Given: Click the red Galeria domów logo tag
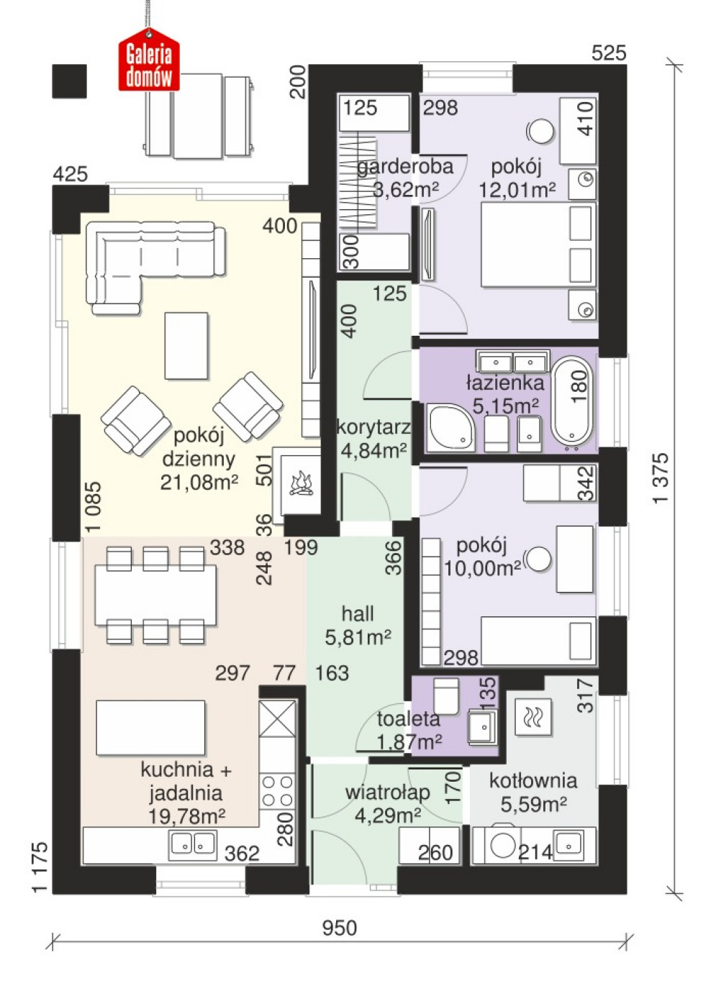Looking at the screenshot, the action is pyautogui.click(x=149, y=60).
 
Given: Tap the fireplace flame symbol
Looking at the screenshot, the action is pyautogui.click(x=302, y=483).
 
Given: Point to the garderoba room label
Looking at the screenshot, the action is pyautogui.click(x=405, y=167).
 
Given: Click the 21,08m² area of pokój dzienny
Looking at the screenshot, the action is pyautogui.click(x=199, y=482).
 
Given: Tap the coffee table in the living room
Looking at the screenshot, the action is pyautogui.click(x=186, y=345).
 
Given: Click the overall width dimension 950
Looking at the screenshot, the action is pyautogui.click(x=340, y=928).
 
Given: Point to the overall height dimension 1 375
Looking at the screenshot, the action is pyautogui.click(x=661, y=478).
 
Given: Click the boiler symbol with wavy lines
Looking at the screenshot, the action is pyautogui.click(x=533, y=717).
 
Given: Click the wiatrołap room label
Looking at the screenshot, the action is pyautogui.click(x=388, y=792).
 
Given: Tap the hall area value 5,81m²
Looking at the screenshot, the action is pyautogui.click(x=358, y=638).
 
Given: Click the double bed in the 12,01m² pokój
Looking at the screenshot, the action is pyautogui.click(x=538, y=244).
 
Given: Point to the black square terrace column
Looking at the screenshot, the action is pyautogui.click(x=69, y=81).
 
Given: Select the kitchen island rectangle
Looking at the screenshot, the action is pyautogui.click(x=151, y=728).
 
